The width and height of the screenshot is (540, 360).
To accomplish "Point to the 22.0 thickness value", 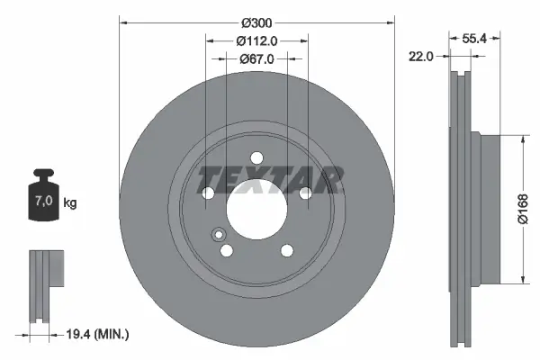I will [422, 56].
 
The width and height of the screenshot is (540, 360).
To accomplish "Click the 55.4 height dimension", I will [475, 40].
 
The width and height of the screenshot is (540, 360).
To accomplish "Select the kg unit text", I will [70, 203].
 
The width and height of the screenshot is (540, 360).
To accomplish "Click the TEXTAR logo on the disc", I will [269, 180].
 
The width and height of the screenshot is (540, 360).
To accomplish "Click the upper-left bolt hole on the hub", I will [209, 193].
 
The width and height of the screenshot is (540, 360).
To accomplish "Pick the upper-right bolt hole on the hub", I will [305, 193].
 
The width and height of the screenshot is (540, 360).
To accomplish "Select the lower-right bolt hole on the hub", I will [286, 251].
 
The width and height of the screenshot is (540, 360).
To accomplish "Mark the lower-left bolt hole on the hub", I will [227, 251].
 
